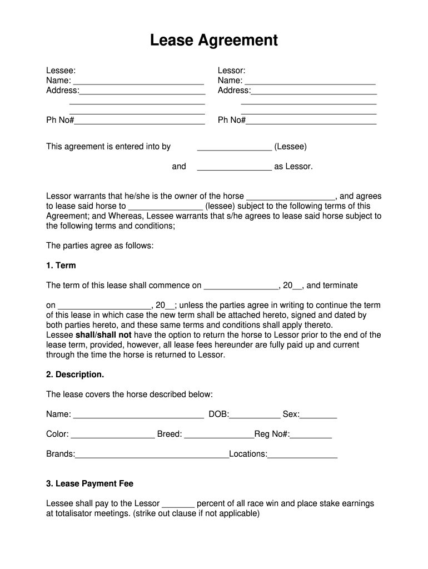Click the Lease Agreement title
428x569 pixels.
(213, 41)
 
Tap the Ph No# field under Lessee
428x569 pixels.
(140, 121)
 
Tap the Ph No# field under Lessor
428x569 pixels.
(311, 121)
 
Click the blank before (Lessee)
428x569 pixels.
(234, 147)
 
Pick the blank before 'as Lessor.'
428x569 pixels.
(234, 167)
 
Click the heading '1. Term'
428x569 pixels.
(61, 266)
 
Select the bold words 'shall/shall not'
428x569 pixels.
(103, 335)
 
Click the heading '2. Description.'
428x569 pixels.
(75, 375)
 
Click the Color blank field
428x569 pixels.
(113, 435)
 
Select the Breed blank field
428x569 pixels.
(218, 435)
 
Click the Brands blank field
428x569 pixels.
(152, 455)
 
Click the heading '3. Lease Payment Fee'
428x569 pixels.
(89, 484)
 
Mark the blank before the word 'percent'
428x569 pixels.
(178, 504)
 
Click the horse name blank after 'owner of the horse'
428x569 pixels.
(290, 197)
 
